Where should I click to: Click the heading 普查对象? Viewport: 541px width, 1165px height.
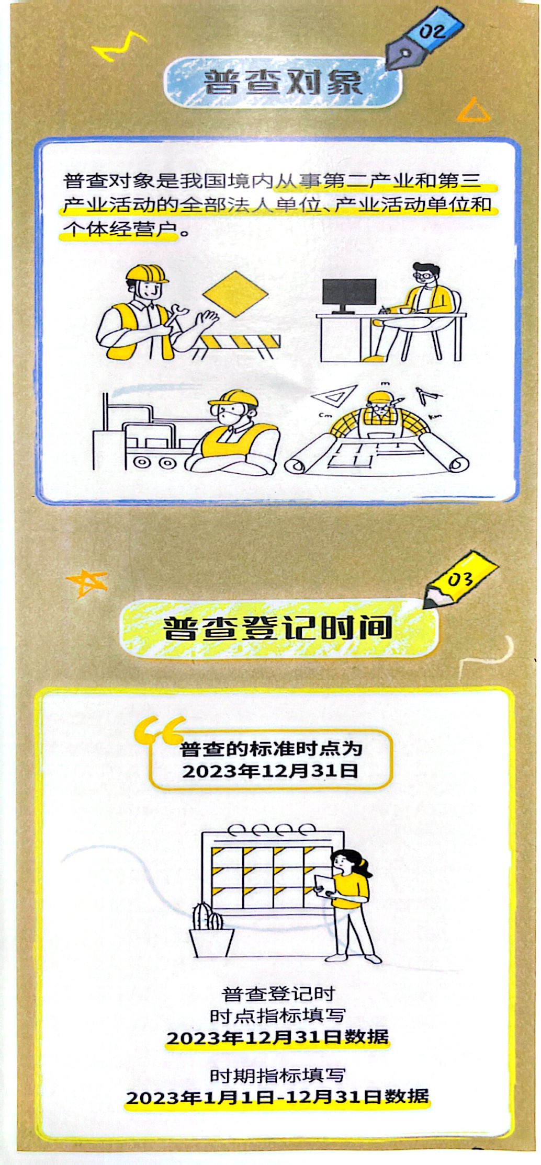tap(283, 82)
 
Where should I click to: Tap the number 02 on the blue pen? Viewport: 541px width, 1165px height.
tap(433, 31)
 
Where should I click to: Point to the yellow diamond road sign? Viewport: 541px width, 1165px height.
tap(235, 293)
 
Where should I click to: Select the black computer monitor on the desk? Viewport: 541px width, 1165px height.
tap(349, 295)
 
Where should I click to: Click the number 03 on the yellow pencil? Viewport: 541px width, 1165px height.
tap(460, 579)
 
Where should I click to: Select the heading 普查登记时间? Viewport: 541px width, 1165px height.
tap(278, 628)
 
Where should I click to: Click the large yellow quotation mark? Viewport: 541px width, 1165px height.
tap(159, 730)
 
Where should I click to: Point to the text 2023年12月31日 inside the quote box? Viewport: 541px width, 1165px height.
tap(270, 771)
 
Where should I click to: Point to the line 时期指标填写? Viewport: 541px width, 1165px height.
tap(277, 1075)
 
